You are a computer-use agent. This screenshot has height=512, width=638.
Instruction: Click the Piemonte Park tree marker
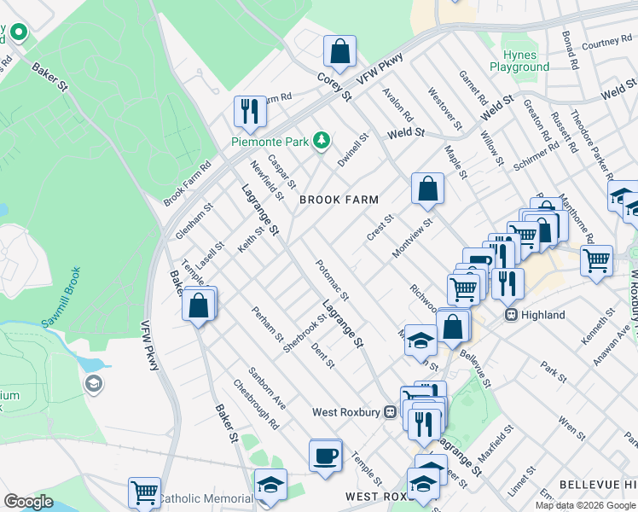click(321, 140)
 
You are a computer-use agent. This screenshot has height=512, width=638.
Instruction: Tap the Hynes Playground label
click(519, 61)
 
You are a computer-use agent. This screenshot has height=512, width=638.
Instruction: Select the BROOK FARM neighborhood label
click(338, 200)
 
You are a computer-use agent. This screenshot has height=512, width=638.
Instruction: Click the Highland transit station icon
click(513, 315)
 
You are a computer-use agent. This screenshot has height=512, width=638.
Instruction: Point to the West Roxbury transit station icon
click(391, 411)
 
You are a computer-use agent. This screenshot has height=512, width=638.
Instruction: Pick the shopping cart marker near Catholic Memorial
click(144, 492)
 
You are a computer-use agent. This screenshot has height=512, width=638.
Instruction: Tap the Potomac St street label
click(332, 280)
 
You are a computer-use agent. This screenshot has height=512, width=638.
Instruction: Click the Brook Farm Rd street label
click(187, 184)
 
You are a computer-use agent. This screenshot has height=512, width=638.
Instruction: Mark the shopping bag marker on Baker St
click(198, 305)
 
